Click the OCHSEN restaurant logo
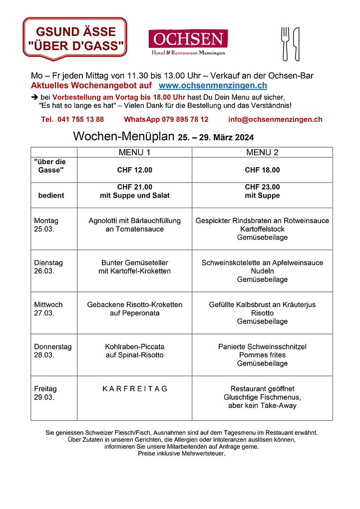pos(188,42)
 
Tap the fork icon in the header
pos(286,43)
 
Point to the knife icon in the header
pos(296,43)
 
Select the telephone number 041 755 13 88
pos(72,120)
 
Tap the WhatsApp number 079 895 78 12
pos(166,120)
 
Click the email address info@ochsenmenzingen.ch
pos(275,120)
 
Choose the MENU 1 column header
pos(134,152)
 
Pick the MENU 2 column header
pos(262,152)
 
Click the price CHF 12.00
pos(134,170)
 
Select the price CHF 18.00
pos(262,170)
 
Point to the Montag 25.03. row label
pos(46,225)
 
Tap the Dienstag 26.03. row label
pos(48,266)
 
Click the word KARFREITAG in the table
pos(134,389)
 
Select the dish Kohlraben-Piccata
pos(134,346)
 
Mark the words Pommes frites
pos(262,355)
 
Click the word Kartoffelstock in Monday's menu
pos(262,229)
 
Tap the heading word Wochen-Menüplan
pos(123,136)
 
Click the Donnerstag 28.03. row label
pos(52,350)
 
